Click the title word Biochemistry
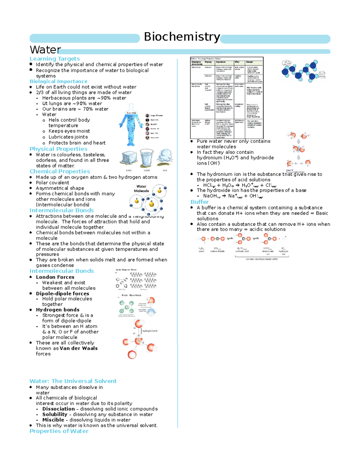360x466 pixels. click(182, 37)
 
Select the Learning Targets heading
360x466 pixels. click(55, 59)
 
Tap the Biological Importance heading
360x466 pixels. click(58, 81)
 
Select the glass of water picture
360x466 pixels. click(147, 158)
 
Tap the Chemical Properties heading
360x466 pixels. click(60, 171)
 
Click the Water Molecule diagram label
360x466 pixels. click(141, 188)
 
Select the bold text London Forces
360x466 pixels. click(55, 277)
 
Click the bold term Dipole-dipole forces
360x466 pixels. click(62, 294)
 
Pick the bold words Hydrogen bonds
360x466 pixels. click(58, 310)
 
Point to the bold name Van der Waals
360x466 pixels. click(79, 348)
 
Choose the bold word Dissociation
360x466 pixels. click(58, 409)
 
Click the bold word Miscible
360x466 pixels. click(53, 420)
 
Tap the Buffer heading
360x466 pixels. click(199, 202)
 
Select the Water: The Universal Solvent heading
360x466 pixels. click(73, 381)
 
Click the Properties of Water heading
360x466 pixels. click(59, 431)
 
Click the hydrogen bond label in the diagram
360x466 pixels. click(150, 331)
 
